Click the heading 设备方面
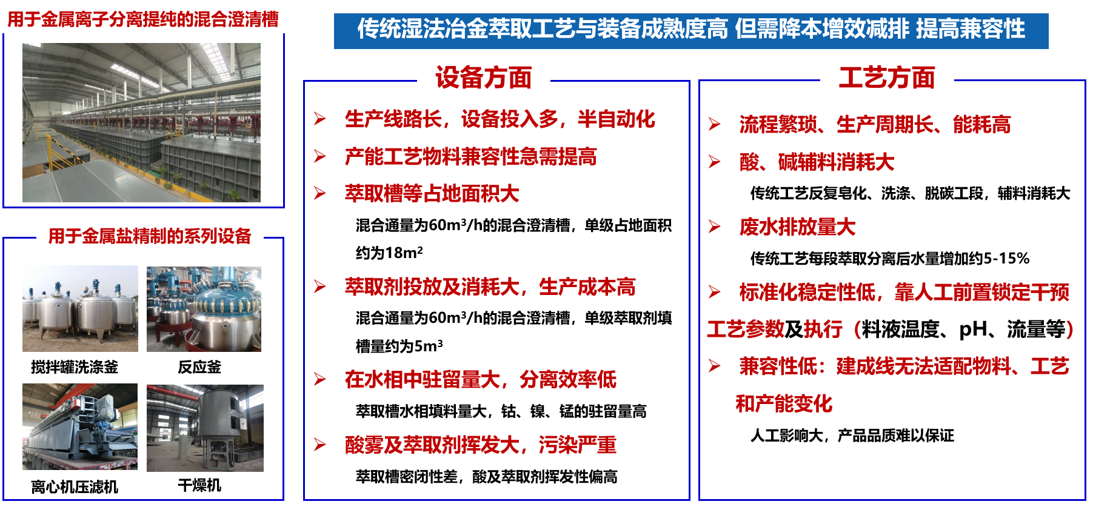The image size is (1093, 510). click(483, 78)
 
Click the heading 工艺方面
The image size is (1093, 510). click(886, 78)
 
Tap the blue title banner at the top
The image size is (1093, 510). click(691, 30)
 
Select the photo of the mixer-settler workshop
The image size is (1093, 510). click(141, 122)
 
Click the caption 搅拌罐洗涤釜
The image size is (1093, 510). click(75, 366)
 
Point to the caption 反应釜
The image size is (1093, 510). click(199, 366)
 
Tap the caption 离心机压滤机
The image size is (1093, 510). click(75, 486)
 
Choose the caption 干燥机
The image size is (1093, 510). click(199, 485)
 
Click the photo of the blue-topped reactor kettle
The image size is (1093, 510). click(204, 309)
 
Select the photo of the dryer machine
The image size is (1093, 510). click(205, 428)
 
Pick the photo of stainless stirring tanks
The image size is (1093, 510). click(80, 308)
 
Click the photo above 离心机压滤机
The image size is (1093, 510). click(80, 426)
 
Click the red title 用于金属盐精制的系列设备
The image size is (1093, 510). click(150, 236)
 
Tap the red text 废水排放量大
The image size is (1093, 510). click(797, 227)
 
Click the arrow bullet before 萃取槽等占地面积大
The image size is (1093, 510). click(320, 193)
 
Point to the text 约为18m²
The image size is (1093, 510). click(389, 253)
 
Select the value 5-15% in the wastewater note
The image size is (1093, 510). click(1006, 259)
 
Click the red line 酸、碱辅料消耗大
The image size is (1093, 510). click(817, 162)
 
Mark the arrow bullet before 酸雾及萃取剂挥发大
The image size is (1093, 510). click(320, 445)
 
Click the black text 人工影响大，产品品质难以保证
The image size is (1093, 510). click(852, 435)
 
